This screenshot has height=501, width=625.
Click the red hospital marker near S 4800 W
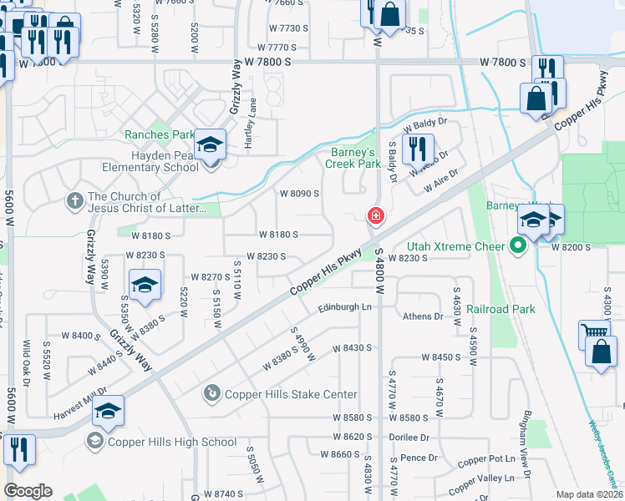(376, 216)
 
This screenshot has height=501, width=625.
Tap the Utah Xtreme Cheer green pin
(517, 246)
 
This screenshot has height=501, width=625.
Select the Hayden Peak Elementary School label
(146, 161)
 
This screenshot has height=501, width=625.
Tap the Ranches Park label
(159, 135)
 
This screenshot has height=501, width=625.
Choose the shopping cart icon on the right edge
(593, 333)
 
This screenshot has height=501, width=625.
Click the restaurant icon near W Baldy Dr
(417, 149)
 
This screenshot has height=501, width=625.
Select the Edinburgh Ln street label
(344, 307)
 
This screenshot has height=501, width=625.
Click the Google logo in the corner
(28, 491)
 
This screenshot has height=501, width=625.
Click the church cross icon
(74, 201)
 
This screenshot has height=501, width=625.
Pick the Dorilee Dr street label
(409, 437)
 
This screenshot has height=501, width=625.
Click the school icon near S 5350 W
(145, 285)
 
